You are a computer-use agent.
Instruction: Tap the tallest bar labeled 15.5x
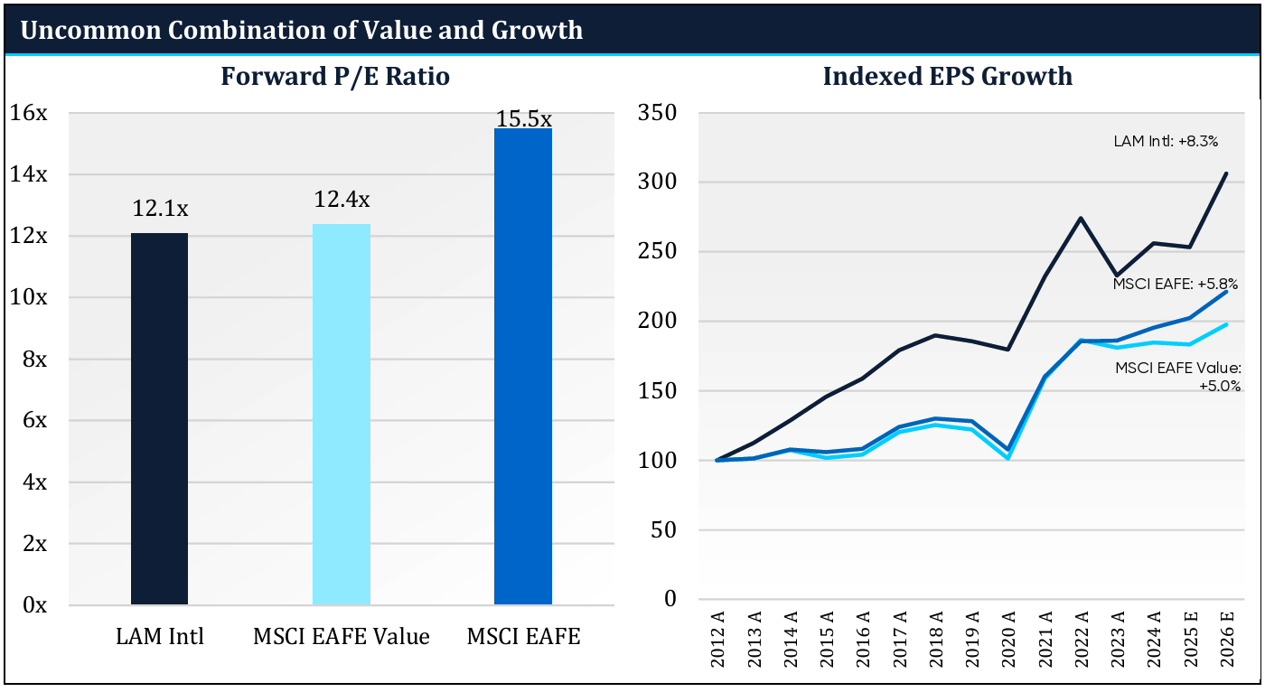click(522, 366)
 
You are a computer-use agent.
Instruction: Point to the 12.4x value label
click(342, 200)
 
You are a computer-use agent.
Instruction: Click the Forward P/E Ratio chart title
click(335, 77)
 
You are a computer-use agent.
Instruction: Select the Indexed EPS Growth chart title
click(947, 77)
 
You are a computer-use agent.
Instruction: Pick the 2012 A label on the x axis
click(717, 642)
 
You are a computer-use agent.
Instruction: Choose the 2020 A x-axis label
click(1007, 642)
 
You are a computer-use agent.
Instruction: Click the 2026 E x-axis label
click(1226, 642)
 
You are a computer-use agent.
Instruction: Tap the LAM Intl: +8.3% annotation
click(1167, 142)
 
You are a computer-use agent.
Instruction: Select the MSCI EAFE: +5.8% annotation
click(1176, 284)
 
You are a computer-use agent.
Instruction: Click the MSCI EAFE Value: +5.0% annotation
click(1178, 377)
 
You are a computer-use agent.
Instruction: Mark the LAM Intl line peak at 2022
click(1081, 218)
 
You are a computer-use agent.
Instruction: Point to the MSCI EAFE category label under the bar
click(523, 636)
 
